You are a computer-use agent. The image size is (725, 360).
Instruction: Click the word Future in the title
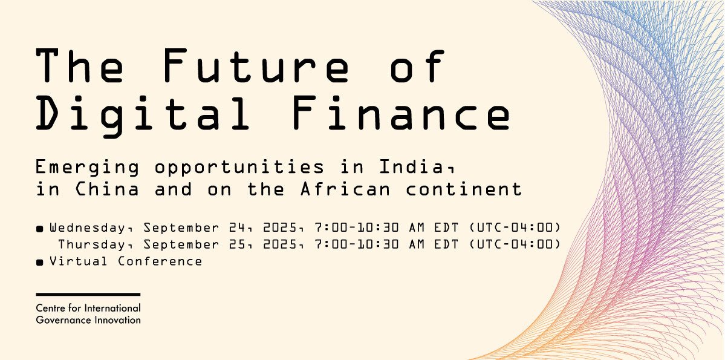point(256,65)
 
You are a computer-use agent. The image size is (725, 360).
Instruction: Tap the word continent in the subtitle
point(463,189)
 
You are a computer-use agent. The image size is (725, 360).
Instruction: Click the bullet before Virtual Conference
point(40,263)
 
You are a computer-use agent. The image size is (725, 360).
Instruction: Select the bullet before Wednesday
point(40,229)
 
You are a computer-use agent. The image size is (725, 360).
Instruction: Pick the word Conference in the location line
point(160,261)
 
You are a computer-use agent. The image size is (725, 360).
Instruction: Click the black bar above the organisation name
point(88,294)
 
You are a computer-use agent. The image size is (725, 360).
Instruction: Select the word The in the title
point(80,65)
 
